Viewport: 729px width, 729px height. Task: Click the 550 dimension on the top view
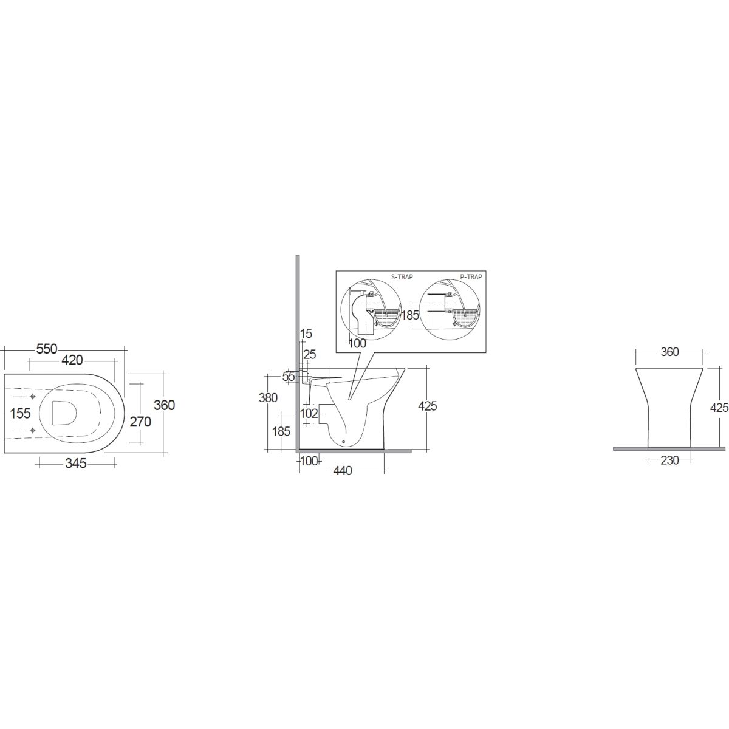coord(47,349)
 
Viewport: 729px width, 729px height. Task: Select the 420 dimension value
coord(72,360)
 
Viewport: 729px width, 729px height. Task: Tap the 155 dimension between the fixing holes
coord(20,413)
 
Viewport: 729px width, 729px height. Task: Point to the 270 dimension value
coord(140,422)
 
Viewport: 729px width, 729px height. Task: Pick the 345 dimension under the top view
coord(76,463)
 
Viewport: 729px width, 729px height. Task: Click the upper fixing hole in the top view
coord(33,397)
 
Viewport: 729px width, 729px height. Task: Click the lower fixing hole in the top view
coord(33,430)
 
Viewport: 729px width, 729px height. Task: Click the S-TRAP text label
coord(402,277)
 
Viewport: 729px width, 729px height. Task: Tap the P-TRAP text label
coord(471,277)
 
